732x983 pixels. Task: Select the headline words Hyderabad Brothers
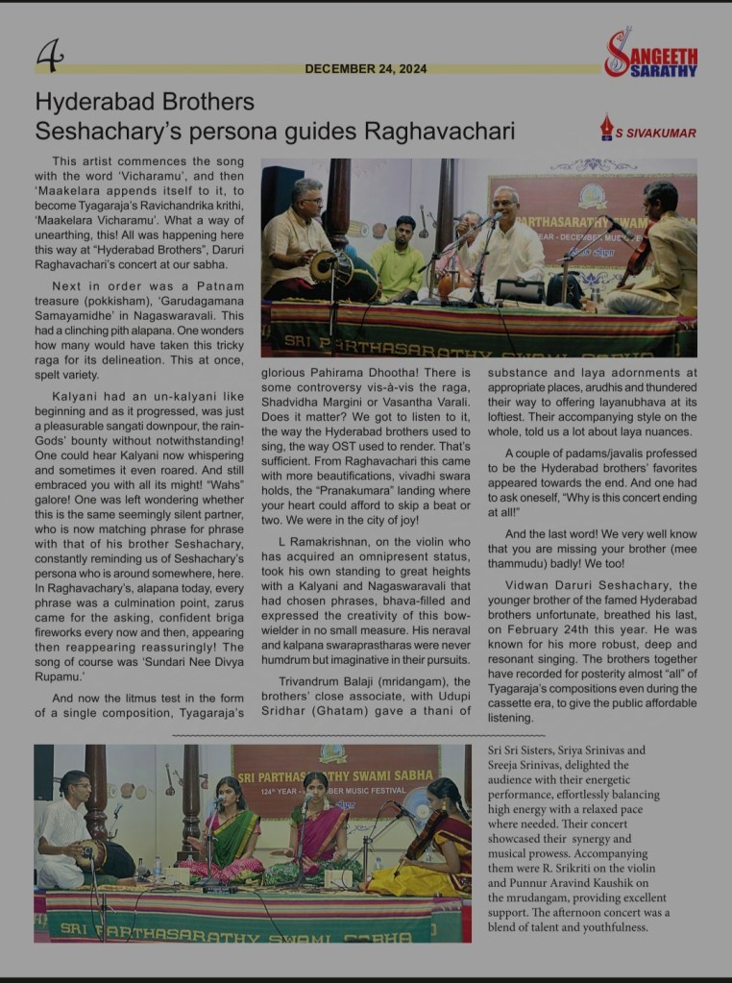[144, 102]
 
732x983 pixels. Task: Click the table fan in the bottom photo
[416, 805]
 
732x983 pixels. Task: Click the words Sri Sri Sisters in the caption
[520, 750]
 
